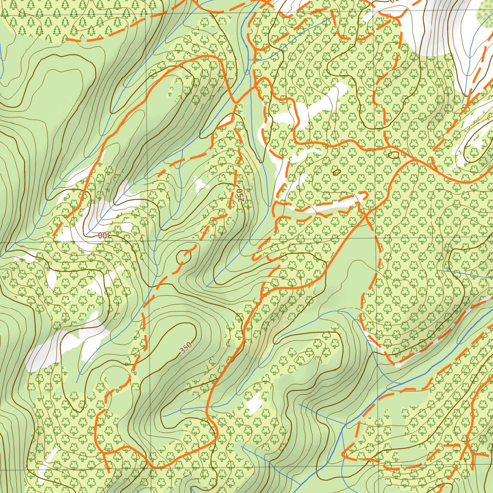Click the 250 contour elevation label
(241, 194)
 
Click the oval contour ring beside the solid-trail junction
(393, 155)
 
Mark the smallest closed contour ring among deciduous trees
(336, 171)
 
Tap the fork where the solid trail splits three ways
(468, 453)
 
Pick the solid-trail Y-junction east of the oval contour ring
(414, 158)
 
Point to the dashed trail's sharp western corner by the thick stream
(344, 454)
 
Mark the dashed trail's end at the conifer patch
(67, 38)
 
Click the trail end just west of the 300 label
(53, 236)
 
